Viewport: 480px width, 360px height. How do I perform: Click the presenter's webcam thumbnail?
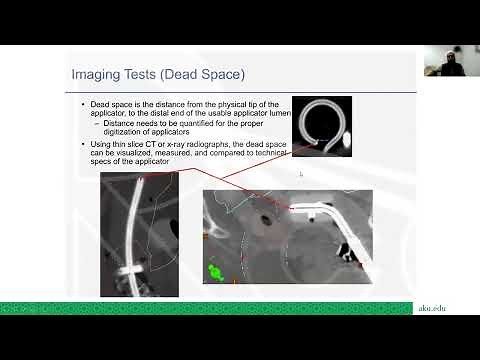(444, 62)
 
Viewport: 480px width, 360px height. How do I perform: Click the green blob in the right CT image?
(214, 271)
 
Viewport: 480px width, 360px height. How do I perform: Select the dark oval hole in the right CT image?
(265, 219)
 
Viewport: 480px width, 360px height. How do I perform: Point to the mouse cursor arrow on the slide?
(301, 174)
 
